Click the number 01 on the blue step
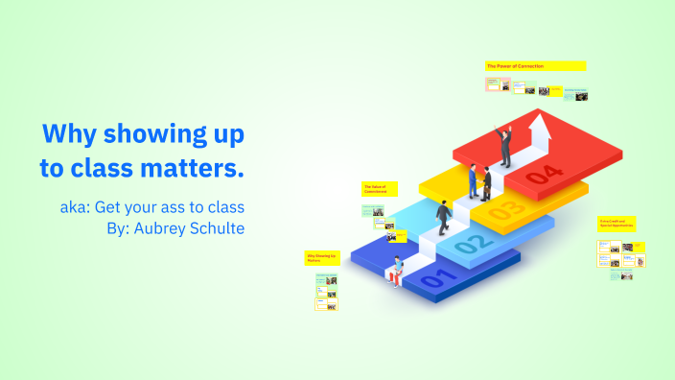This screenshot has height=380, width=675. [x=433, y=280]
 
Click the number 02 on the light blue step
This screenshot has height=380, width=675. [x=470, y=245]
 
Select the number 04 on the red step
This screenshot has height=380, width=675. [x=544, y=174]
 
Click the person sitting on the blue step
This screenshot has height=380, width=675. [x=395, y=272]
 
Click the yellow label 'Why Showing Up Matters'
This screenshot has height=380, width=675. [x=321, y=258]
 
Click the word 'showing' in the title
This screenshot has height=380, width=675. [x=152, y=132]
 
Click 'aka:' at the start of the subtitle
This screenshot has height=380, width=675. [x=74, y=207]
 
